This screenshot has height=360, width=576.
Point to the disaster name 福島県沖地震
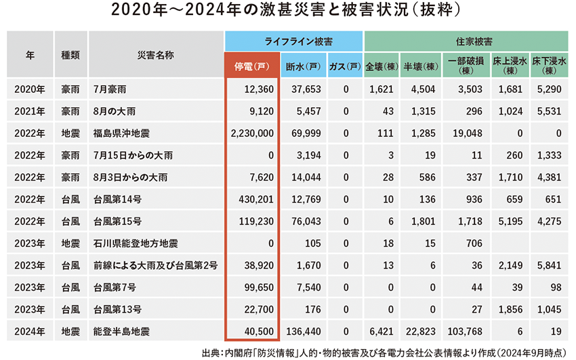pos(123,134)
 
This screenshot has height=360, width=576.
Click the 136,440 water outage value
pos(301,332)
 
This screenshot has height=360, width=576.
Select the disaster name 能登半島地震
pos(123,332)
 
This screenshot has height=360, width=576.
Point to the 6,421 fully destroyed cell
pos(381,332)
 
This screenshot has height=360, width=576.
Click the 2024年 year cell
pos(30,332)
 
